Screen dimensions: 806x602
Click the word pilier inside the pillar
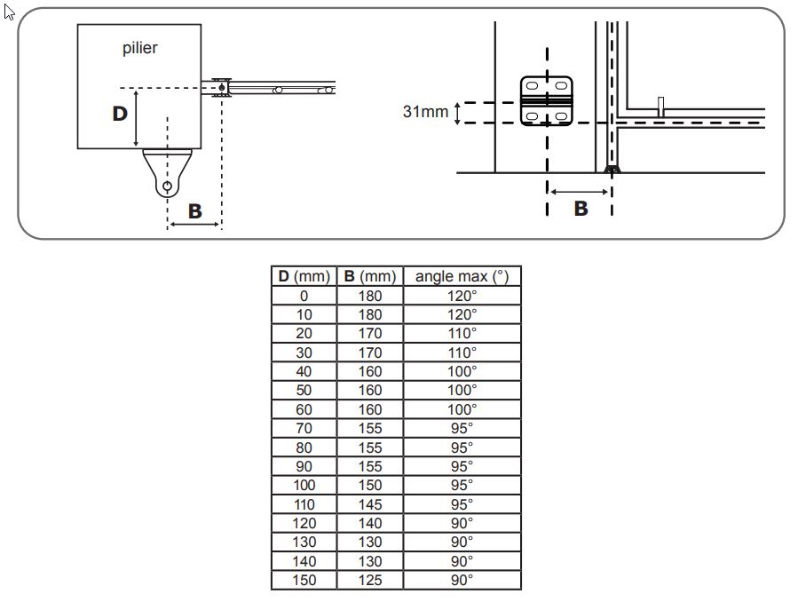140,48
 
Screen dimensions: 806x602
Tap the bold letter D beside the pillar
120,114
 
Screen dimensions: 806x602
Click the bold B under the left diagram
194,211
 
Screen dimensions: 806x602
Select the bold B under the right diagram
581,209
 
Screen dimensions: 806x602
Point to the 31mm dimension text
425,112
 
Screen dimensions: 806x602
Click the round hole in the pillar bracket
167,186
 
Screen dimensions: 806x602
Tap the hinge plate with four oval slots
547,100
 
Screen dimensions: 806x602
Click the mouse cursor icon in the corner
9,12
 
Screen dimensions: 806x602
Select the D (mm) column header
304,276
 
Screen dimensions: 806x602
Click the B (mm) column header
370,276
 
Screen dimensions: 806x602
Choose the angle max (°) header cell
462,276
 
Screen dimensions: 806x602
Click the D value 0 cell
304,296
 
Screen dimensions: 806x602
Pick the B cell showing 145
370,504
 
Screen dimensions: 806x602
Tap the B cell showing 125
370,581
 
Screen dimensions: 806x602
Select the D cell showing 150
304,581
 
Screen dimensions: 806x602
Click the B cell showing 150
370,486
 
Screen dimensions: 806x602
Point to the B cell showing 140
370,523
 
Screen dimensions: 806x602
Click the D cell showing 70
304,428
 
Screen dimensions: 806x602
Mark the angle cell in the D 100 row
462,486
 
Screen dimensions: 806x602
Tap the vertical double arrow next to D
136,118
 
